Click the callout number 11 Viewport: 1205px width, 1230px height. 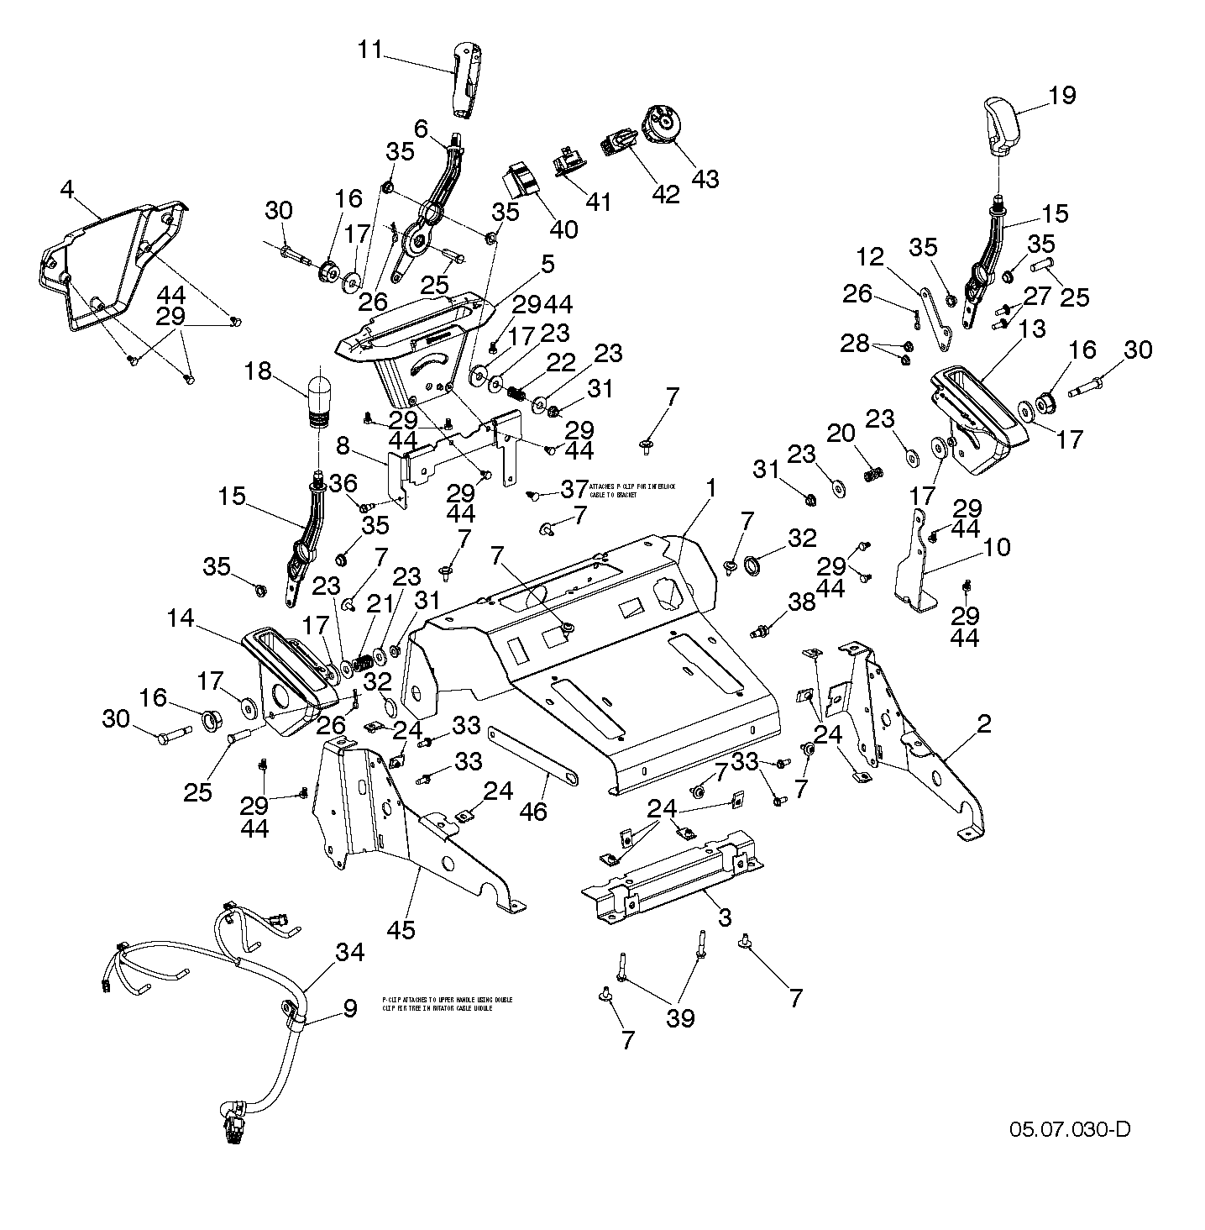pos(369,50)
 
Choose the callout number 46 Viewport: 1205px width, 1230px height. pos(534,811)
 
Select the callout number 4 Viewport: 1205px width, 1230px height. pos(67,188)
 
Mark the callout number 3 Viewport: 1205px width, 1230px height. pos(725,917)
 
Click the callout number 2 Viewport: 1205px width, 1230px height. pos(983,723)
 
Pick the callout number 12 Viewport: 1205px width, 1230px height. pos(870,257)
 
